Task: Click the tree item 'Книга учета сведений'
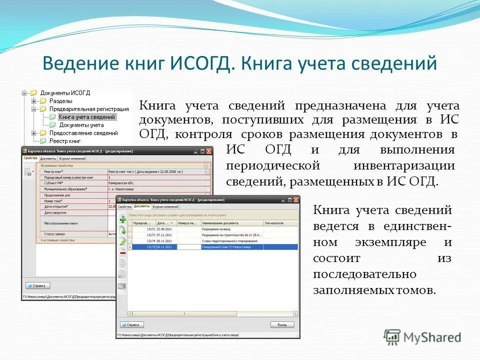[x=86, y=117]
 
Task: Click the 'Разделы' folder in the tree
[x=60, y=100]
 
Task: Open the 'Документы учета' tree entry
[x=81, y=125]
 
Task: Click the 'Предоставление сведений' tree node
[x=82, y=133]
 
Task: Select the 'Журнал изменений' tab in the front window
[x=166, y=206]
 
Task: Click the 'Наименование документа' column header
[x=222, y=223]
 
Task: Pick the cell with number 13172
[x=151, y=228]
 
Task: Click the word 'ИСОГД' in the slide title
[x=202, y=63]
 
